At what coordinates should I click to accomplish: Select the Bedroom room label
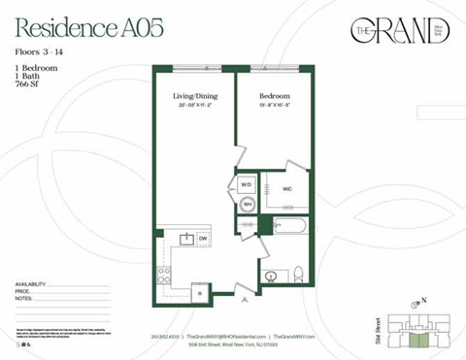(274, 98)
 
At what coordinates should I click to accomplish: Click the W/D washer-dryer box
(246, 184)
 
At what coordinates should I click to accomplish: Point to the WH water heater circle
(247, 205)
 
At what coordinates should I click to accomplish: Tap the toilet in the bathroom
(299, 273)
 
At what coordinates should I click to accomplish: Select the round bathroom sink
(272, 276)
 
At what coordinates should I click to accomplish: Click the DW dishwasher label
(204, 239)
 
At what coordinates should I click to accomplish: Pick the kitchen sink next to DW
(185, 239)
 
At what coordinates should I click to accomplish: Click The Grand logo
(400, 32)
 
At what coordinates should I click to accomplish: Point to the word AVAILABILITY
(35, 283)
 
